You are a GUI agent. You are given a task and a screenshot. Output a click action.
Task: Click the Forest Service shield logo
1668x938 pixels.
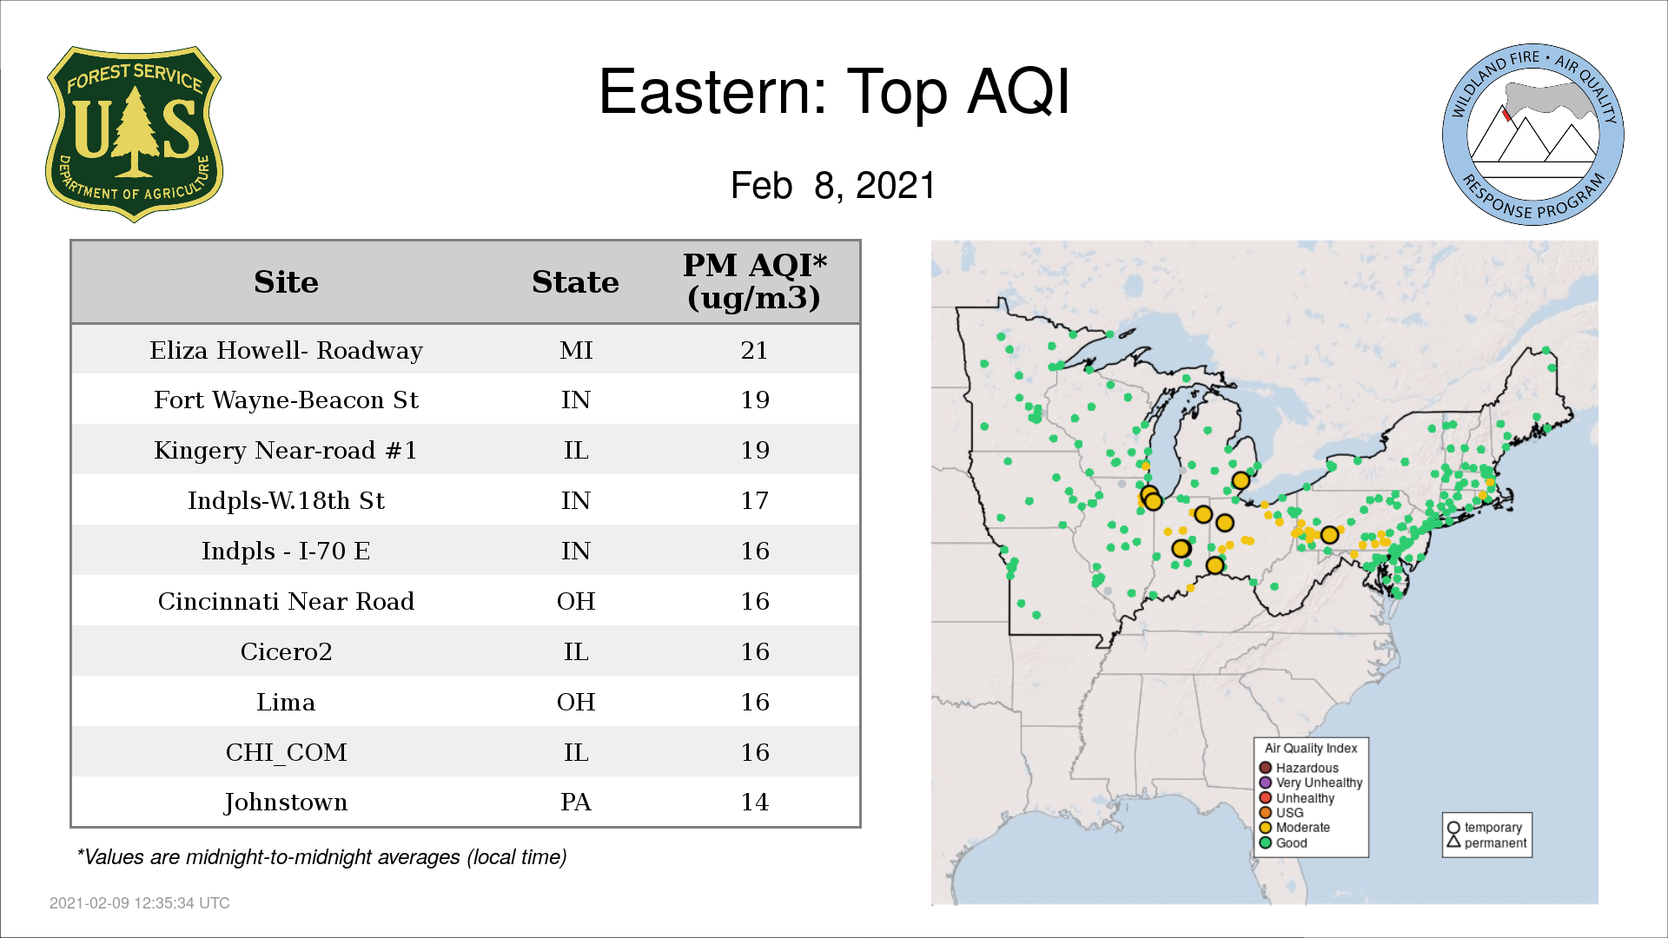pyautogui.click(x=134, y=134)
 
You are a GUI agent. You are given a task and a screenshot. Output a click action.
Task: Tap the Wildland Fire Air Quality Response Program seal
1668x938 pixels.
pyautogui.click(x=1532, y=135)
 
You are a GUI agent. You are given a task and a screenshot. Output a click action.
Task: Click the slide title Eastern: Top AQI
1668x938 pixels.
pyautogui.click(x=834, y=91)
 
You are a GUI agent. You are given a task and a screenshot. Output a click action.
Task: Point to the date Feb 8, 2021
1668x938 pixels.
pyautogui.click(x=833, y=185)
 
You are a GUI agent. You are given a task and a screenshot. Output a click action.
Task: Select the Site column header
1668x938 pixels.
pyautogui.click(x=286, y=282)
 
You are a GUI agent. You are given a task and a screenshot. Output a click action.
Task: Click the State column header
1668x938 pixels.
pyautogui.click(x=575, y=282)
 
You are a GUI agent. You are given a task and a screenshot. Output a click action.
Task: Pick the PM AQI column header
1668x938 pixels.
pyautogui.click(x=754, y=281)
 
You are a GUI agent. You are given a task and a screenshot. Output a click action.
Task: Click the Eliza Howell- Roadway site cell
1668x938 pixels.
pyautogui.click(x=286, y=350)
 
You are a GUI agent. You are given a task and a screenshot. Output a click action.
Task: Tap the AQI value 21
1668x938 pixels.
pyautogui.click(x=754, y=350)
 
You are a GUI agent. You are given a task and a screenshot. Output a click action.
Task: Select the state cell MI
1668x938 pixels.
pyautogui.click(x=576, y=350)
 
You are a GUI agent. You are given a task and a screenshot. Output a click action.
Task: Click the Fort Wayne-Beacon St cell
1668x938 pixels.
pyautogui.click(x=286, y=400)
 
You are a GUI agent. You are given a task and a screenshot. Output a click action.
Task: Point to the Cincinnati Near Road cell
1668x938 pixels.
pyautogui.click(x=286, y=601)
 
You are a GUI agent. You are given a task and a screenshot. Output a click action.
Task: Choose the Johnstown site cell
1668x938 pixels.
pyautogui.click(x=286, y=803)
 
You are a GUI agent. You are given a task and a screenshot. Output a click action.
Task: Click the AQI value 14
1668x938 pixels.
pyautogui.click(x=754, y=802)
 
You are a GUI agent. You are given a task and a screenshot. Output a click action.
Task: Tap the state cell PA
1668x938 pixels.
pyautogui.click(x=576, y=802)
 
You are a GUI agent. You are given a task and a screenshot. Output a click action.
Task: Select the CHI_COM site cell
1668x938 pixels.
pyautogui.click(x=286, y=752)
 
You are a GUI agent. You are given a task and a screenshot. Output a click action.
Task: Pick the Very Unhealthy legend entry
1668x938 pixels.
pyautogui.click(x=1311, y=783)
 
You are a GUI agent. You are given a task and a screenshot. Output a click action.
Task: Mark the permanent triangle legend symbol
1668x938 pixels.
pyautogui.click(x=1453, y=842)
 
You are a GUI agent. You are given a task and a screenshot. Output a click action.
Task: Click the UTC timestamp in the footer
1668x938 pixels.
pyautogui.click(x=140, y=903)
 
